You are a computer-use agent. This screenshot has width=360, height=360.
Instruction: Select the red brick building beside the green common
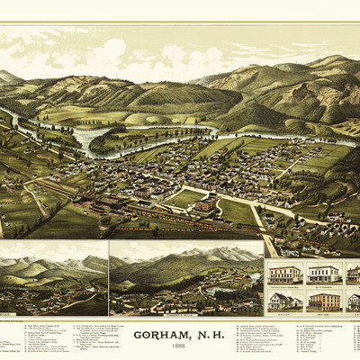[x=204, y=205]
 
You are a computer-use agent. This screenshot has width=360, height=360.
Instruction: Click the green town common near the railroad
[x=186, y=197]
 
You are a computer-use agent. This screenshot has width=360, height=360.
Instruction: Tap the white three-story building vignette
[x=323, y=273]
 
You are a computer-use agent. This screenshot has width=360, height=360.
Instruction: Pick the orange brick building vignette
[x=323, y=301]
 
